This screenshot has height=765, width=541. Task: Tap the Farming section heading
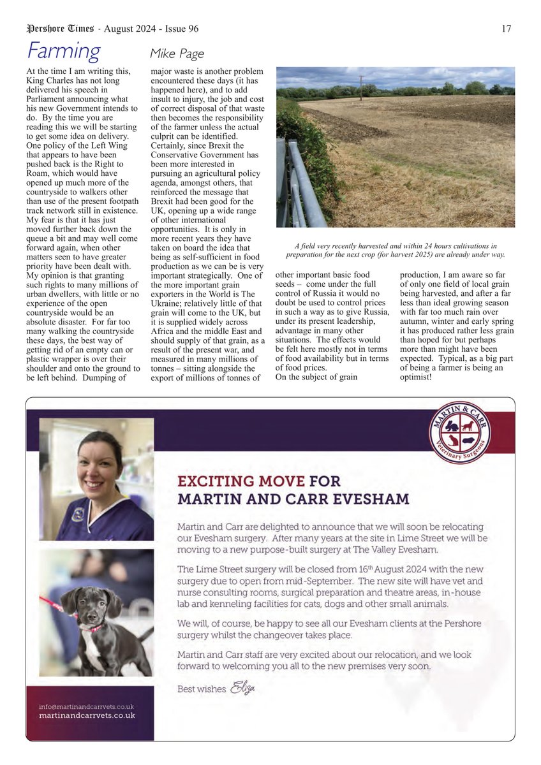point(63,51)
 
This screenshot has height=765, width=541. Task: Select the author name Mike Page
point(177,54)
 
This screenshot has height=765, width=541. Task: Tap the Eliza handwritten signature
point(243,688)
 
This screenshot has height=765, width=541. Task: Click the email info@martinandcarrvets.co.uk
point(86,706)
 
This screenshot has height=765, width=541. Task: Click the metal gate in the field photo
point(300,185)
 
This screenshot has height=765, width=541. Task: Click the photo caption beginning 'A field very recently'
point(395,250)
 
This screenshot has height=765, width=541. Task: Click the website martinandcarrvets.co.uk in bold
point(87,716)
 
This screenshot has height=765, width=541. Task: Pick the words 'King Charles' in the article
point(52,81)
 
